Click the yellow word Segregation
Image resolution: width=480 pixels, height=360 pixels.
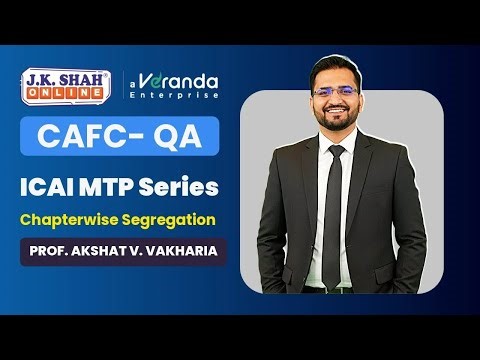(x=175, y=218)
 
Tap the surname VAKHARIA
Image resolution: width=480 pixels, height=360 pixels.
(x=187, y=250)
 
